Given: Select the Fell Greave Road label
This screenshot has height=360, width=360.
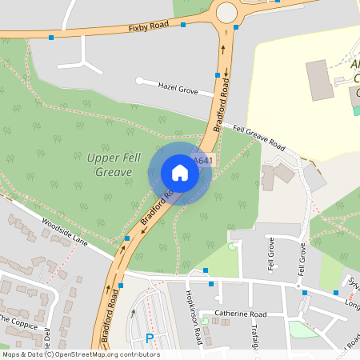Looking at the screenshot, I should tap(259, 137).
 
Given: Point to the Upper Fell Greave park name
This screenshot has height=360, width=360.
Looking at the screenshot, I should tap(110, 165).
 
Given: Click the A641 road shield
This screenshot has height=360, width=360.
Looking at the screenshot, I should tap(204, 161).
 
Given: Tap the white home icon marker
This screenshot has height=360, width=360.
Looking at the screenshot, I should tap(180, 173).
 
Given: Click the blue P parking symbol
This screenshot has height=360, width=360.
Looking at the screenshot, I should tap(150, 338).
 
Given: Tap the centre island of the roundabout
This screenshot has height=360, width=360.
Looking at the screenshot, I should tap(226, 11).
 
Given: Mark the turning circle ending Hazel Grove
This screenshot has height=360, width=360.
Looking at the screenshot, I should tap(139, 80).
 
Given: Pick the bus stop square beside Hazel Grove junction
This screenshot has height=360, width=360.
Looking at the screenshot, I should tap(218, 75).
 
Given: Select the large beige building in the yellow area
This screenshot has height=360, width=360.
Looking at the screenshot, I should tap(320, 80).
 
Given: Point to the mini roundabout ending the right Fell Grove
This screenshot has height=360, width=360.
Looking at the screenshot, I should tap(298, 286).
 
